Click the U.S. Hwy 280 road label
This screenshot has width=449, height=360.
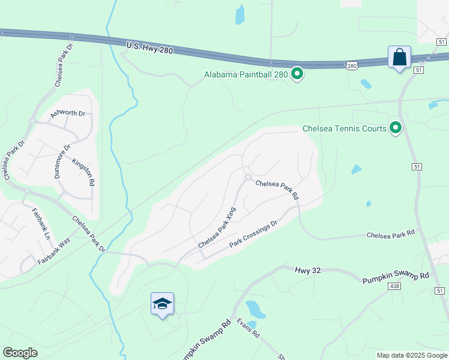149,47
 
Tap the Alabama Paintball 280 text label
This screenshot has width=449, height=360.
246,75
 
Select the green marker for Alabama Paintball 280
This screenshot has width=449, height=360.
297,74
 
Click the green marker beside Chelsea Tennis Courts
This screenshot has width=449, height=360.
396,128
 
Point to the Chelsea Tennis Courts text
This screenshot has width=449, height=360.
344,128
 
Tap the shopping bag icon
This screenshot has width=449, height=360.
399,58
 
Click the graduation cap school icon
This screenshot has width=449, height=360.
162,305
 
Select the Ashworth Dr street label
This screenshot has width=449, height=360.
68,113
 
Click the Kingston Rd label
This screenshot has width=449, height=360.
83,171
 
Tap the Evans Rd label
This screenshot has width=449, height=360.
247,328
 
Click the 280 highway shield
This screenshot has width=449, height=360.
352,65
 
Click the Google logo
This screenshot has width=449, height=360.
20,352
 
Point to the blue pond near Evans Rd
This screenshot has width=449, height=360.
255,308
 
